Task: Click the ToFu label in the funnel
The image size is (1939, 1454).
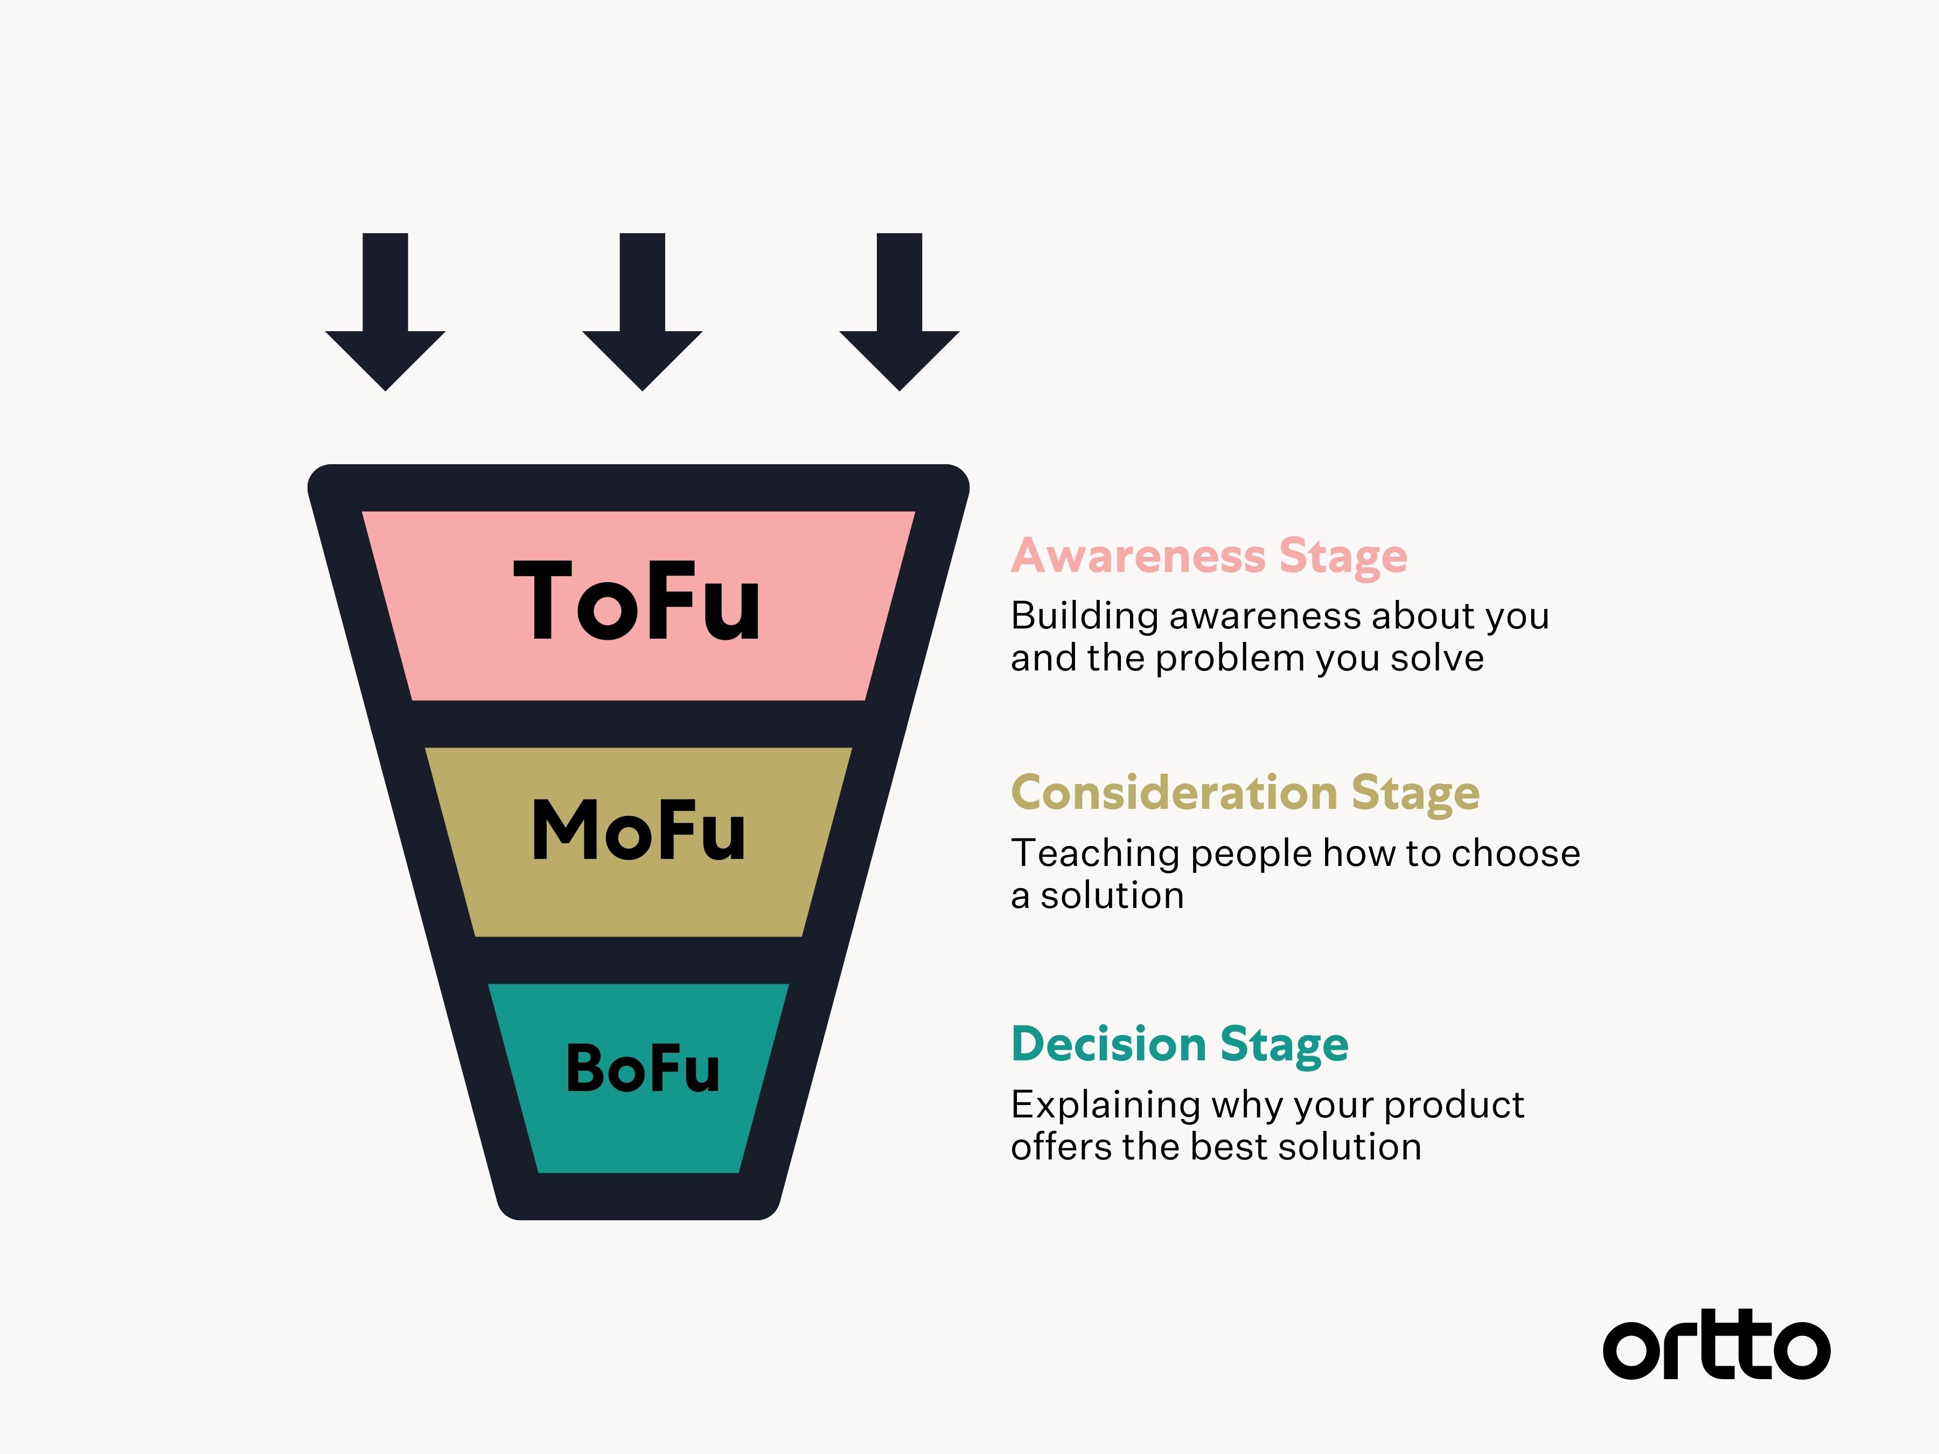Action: tap(637, 601)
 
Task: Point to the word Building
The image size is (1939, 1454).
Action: tap(1084, 616)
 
